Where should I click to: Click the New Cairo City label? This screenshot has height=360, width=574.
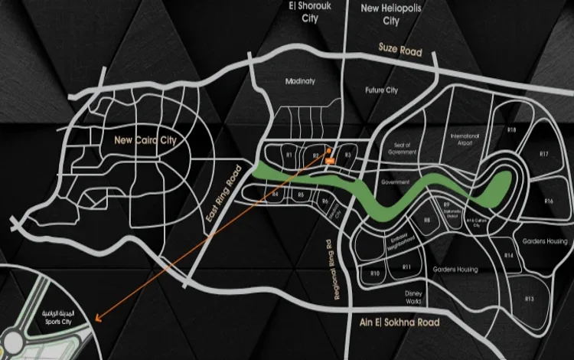point(145,140)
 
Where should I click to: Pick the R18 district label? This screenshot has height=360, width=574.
point(511,130)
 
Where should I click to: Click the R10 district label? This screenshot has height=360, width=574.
point(375,273)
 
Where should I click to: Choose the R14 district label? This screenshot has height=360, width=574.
point(509,255)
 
